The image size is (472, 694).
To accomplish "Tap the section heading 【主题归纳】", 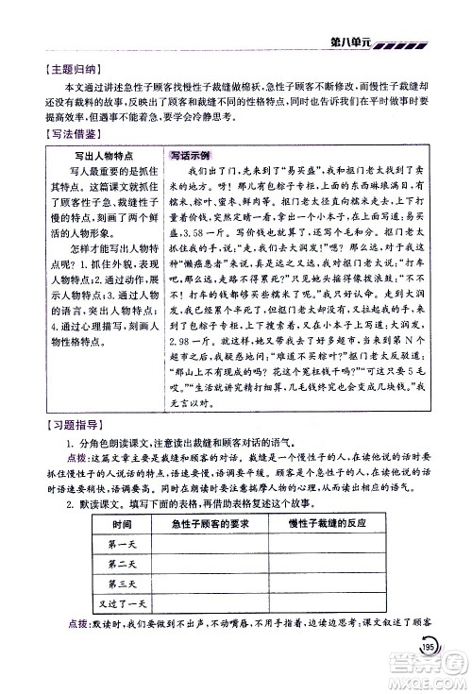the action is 59,67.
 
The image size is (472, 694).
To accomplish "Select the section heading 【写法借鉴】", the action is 59,134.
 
